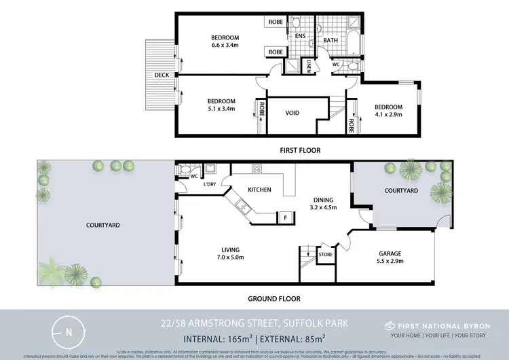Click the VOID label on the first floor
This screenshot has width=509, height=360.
coord(292,113)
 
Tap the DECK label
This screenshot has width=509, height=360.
coord(161,75)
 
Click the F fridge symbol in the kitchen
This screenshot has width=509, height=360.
coord(286,217)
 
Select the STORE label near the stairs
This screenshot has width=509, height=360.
coord(326,255)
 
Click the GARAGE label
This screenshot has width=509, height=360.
coord(390,253)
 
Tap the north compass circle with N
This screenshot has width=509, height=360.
coord(69,332)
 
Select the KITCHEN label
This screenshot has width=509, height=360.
coord(259,190)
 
